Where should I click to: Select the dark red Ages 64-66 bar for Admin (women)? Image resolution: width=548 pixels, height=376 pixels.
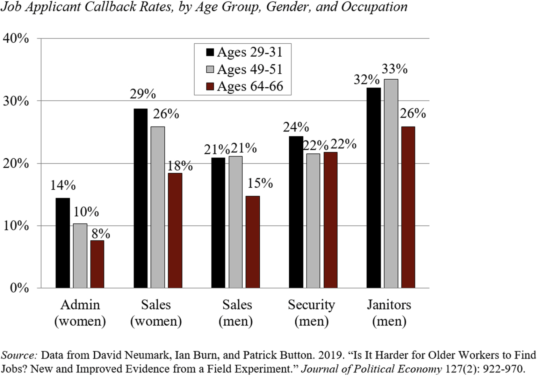(x=97, y=264)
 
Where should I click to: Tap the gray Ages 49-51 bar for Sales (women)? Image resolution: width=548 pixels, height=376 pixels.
(x=158, y=207)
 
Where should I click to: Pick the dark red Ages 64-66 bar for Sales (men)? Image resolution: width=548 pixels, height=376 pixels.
(x=253, y=242)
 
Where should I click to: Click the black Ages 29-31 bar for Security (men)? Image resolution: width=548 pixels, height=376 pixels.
(x=296, y=212)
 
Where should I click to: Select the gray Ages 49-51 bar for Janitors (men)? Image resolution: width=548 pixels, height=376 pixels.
(x=391, y=183)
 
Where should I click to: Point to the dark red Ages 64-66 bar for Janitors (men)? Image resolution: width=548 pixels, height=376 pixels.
(x=408, y=207)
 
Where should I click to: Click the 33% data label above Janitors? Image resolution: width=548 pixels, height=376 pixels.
(x=394, y=69)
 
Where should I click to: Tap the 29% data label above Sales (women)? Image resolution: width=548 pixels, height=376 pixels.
(x=143, y=94)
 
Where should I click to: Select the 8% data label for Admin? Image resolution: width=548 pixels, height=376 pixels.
(x=101, y=234)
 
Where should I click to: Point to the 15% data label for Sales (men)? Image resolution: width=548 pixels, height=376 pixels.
(x=260, y=183)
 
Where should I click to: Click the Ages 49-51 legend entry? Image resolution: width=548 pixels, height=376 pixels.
(x=249, y=69)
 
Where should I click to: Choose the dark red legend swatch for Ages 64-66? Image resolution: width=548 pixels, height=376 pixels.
(x=210, y=86)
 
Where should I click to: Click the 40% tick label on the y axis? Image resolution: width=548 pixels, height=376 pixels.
(x=16, y=38)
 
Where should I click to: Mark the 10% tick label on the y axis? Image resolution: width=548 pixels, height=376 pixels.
(x=16, y=226)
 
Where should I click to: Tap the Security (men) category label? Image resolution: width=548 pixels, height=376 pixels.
(x=311, y=313)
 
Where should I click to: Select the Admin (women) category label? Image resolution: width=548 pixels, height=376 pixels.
(x=80, y=313)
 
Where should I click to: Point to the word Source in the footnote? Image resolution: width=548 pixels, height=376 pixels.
(x=19, y=355)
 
